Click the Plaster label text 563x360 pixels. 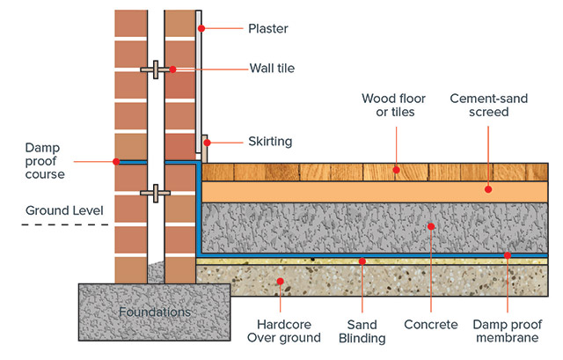click(x=267, y=29)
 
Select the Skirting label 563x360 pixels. click(x=270, y=141)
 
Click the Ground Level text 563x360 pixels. click(x=64, y=210)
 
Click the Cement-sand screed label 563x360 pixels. click(x=488, y=106)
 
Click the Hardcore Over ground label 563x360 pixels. click(x=281, y=331)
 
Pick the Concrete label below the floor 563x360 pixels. click(x=431, y=325)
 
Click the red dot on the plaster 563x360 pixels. click(x=201, y=29)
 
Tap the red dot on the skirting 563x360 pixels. click(x=207, y=141)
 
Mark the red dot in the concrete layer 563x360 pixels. click(x=431, y=227)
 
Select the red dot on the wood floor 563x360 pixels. click(x=396, y=170)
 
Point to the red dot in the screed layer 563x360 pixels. click(x=489, y=188)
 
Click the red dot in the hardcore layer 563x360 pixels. click(x=281, y=282)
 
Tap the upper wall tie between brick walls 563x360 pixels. click(x=155, y=69)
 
